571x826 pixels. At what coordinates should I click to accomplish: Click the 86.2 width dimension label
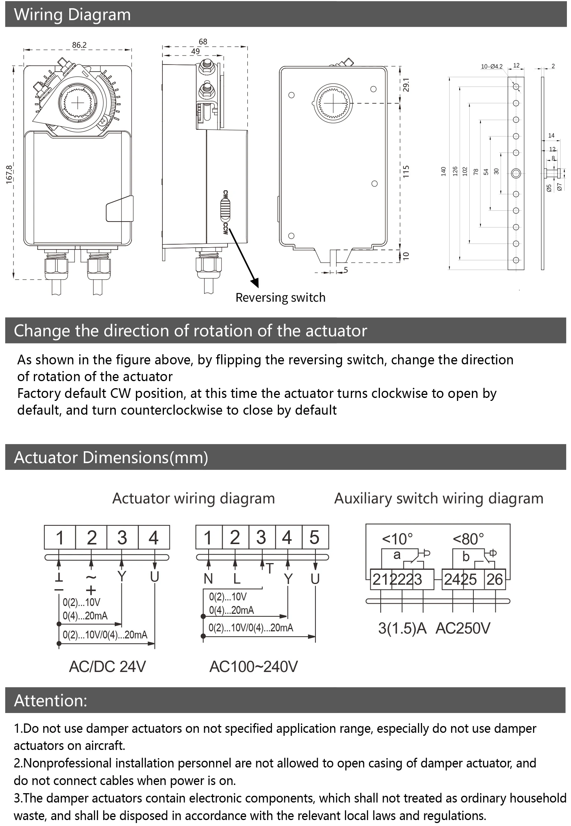point(79,45)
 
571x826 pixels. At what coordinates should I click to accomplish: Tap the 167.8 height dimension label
point(9,174)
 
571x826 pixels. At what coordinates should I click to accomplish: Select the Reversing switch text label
point(280,298)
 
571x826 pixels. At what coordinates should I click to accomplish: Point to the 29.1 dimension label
point(406,85)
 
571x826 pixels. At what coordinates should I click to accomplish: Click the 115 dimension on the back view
point(406,172)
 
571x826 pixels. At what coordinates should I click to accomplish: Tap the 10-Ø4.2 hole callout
point(491,67)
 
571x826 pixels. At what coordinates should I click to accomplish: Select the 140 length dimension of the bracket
point(443,171)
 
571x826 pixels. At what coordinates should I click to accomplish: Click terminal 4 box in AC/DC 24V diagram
point(153,537)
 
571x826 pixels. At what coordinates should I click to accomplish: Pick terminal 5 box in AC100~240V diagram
point(315,537)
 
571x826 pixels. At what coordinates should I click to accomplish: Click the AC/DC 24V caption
point(107,666)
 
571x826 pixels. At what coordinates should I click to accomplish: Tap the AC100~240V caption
point(254,666)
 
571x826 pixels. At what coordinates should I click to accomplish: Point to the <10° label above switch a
point(397,539)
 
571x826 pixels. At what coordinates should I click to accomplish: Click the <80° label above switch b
point(468,539)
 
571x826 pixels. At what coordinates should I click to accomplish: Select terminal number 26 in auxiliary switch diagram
point(495,580)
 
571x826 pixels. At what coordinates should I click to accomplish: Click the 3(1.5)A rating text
point(402,628)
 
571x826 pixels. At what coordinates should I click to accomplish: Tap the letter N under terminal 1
point(208,579)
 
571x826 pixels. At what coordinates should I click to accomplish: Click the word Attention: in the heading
point(50,701)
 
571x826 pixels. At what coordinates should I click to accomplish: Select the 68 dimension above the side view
point(203,42)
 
